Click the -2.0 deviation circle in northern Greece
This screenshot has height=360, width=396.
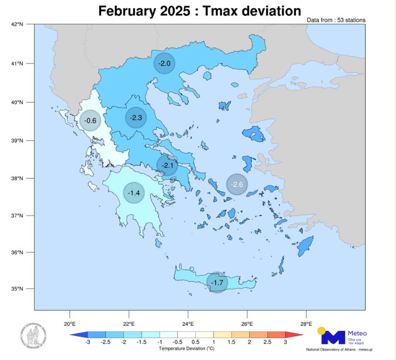pos(164,64)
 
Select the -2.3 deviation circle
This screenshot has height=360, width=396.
pos(136,118)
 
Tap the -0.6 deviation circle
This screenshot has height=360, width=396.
pos(91,121)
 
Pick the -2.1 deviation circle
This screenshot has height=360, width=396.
pos(168,166)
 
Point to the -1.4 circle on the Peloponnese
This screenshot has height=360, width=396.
pos(134,193)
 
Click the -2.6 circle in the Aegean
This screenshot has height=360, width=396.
pos(237,184)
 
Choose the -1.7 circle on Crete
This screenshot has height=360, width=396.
pos(217,282)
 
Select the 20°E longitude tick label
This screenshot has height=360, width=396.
pos(69,324)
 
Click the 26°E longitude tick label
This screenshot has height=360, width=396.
pos(247,324)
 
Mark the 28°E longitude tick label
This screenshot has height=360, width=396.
pos(306,324)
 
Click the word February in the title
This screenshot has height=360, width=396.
pos(127,10)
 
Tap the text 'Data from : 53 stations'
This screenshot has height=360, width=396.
pos(336,20)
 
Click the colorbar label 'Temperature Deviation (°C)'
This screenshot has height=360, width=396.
pos(186,349)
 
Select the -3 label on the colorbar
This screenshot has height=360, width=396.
pos(87,342)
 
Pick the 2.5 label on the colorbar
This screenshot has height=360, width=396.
pos(267,342)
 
